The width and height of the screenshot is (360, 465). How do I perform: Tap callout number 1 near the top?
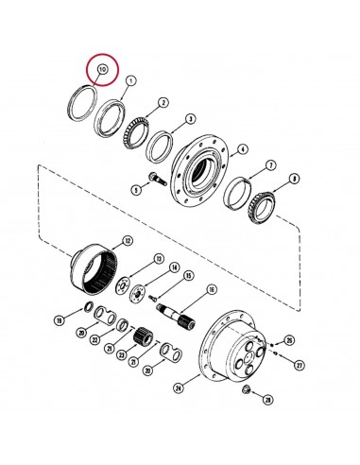pos(130,81)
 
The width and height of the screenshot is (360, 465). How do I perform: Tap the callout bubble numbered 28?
pos(268,401)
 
